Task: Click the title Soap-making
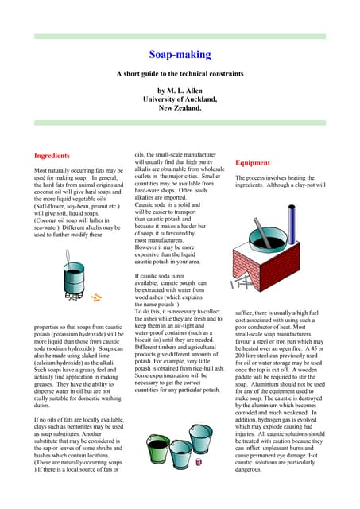[x=180, y=55]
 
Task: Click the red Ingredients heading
[x=52, y=156]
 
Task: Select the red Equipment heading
[x=253, y=162]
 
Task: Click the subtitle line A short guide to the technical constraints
[x=180, y=74]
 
